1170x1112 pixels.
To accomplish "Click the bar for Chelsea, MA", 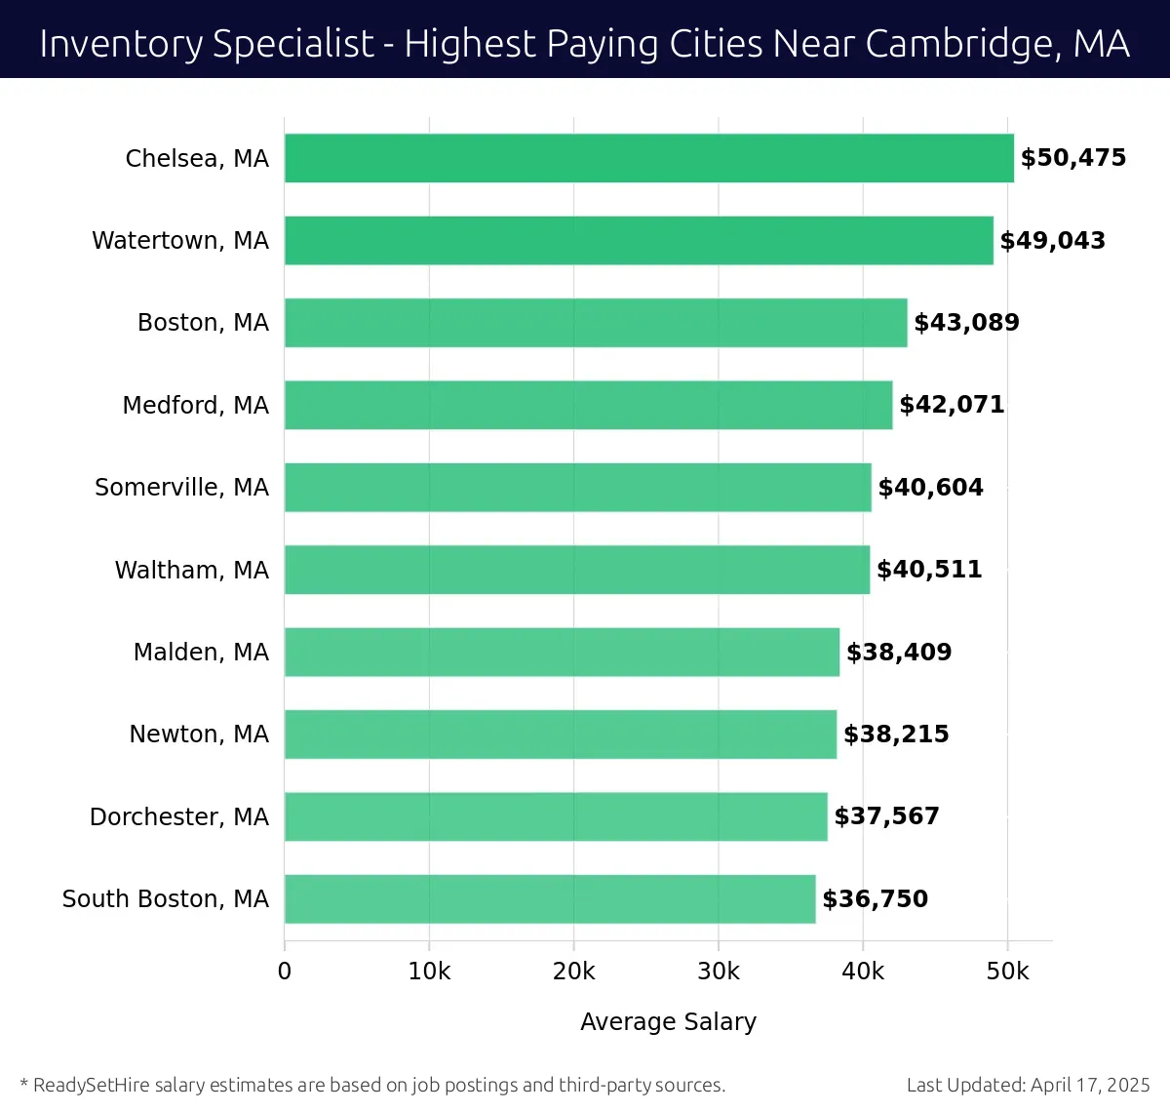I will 648,158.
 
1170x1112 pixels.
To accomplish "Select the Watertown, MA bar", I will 639,240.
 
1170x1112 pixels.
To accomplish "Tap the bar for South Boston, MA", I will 550,898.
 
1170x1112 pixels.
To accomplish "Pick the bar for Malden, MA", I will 562,652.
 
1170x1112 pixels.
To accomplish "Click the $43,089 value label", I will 966,323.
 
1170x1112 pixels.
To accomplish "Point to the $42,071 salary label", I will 952,405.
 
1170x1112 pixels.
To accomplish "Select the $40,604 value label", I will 930,487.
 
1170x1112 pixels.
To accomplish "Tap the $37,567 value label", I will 886,816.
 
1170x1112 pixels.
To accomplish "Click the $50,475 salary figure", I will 1072,158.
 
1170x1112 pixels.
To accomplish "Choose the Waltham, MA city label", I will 191,570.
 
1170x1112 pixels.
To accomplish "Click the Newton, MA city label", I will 199,734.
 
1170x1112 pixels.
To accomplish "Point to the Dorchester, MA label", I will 178,816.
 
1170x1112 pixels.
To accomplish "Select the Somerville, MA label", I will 181,487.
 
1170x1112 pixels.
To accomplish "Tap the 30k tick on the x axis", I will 719,972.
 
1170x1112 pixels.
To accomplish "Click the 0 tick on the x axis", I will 285,972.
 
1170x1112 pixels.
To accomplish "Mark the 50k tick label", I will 1007,972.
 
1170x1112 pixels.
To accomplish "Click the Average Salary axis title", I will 668,1021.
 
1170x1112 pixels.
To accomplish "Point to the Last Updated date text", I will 1028,1085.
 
